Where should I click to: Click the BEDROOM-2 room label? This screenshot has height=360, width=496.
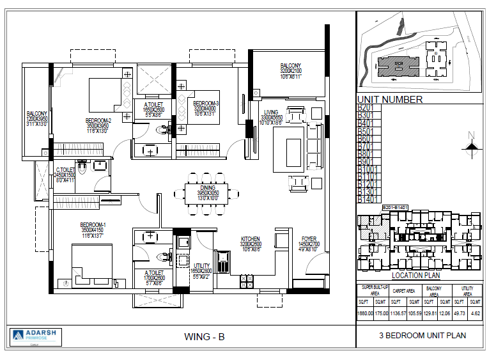(98, 120)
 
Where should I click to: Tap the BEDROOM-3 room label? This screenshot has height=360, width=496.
(206, 104)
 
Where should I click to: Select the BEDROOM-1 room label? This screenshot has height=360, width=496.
(93, 224)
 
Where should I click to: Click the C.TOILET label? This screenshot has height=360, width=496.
(65, 169)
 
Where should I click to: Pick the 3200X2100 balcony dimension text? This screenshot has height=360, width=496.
(295, 71)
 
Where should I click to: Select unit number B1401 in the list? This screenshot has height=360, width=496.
(367, 200)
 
